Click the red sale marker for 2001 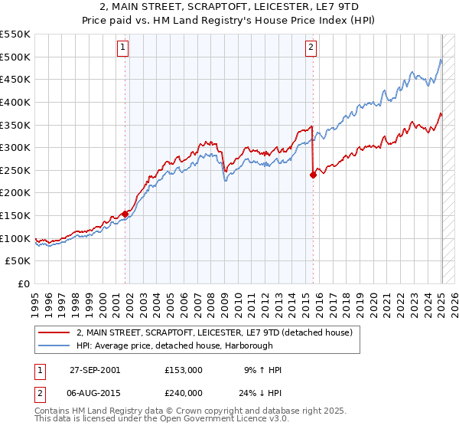[125, 214]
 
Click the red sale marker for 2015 [313, 175]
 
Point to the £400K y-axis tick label [15, 102]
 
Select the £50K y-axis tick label [18, 261]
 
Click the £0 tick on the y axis [24, 284]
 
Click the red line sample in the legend [53, 332]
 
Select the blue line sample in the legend [53, 345]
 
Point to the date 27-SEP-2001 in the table [95, 370]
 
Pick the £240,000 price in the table [184, 393]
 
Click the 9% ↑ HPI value [262, 370]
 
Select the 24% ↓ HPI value [262, 393]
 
